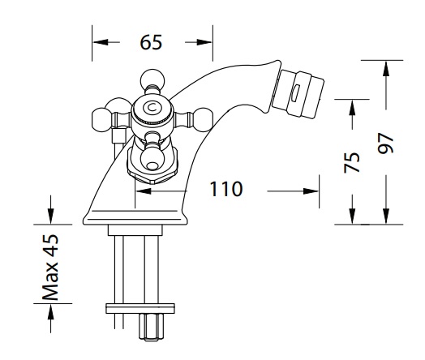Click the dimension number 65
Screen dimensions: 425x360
[x=151, y=42]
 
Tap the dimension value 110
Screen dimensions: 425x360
[x=226, y=189]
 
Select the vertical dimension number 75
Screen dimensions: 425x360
[x=352, y=162]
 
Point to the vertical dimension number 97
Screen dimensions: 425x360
[x=385, y=144]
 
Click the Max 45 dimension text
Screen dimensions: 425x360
[x=50, y=268]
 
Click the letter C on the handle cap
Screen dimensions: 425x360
[x=152, y=108]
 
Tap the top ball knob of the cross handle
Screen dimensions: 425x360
[x=152, y=78]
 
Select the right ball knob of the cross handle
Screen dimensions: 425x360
[x=204, y=120]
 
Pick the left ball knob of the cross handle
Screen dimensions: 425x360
[x=102, y=120]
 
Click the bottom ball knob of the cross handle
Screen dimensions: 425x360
[x=152, y=161]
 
